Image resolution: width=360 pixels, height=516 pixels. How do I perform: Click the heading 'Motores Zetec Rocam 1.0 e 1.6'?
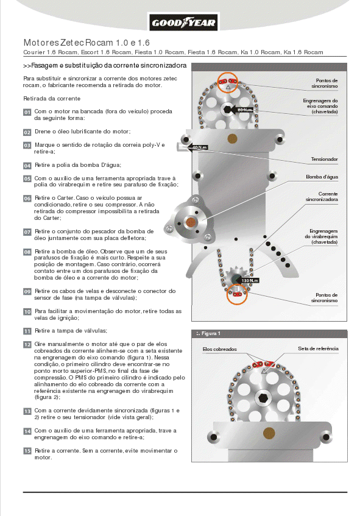point(86,43)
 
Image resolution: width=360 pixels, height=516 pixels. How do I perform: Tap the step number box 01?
point(27,112)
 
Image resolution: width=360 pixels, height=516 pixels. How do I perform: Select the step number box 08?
point(27,251)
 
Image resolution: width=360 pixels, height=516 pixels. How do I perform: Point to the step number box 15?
point(27,451)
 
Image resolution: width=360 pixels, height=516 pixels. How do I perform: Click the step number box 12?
point(27,344)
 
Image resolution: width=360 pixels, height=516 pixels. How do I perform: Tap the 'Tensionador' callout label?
point(324,159)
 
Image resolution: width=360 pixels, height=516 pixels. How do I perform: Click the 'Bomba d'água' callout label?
point(322,177)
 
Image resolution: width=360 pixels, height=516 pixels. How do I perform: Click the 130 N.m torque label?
point(250,280)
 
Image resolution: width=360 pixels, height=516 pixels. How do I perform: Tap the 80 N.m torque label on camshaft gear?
point(244,110)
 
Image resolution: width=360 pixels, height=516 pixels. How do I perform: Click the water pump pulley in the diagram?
point(191,222)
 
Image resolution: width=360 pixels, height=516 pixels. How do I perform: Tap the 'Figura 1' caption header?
point(210,333)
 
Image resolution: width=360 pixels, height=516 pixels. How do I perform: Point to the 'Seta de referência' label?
point(317,348)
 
